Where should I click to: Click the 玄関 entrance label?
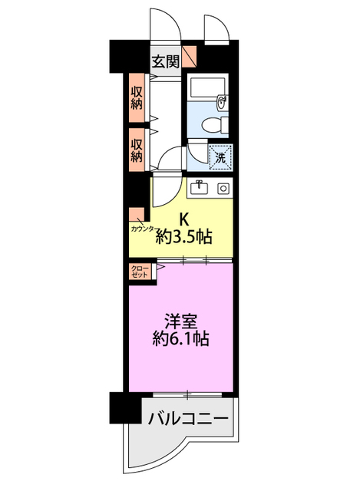point(165,62)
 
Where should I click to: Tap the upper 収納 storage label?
point(137,97)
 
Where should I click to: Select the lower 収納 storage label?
point(137,150)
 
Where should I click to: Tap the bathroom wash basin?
point(222,103)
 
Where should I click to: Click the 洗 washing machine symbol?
point(220,157)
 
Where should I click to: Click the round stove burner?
point(223,189)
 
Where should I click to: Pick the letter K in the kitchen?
point(183,219)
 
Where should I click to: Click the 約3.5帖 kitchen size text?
point(184,237)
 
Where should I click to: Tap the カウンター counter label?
point(143,229)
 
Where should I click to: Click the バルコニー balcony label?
point(188,418)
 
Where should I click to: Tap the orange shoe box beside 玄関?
point(190,57)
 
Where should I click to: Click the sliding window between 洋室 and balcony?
point(187,394)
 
